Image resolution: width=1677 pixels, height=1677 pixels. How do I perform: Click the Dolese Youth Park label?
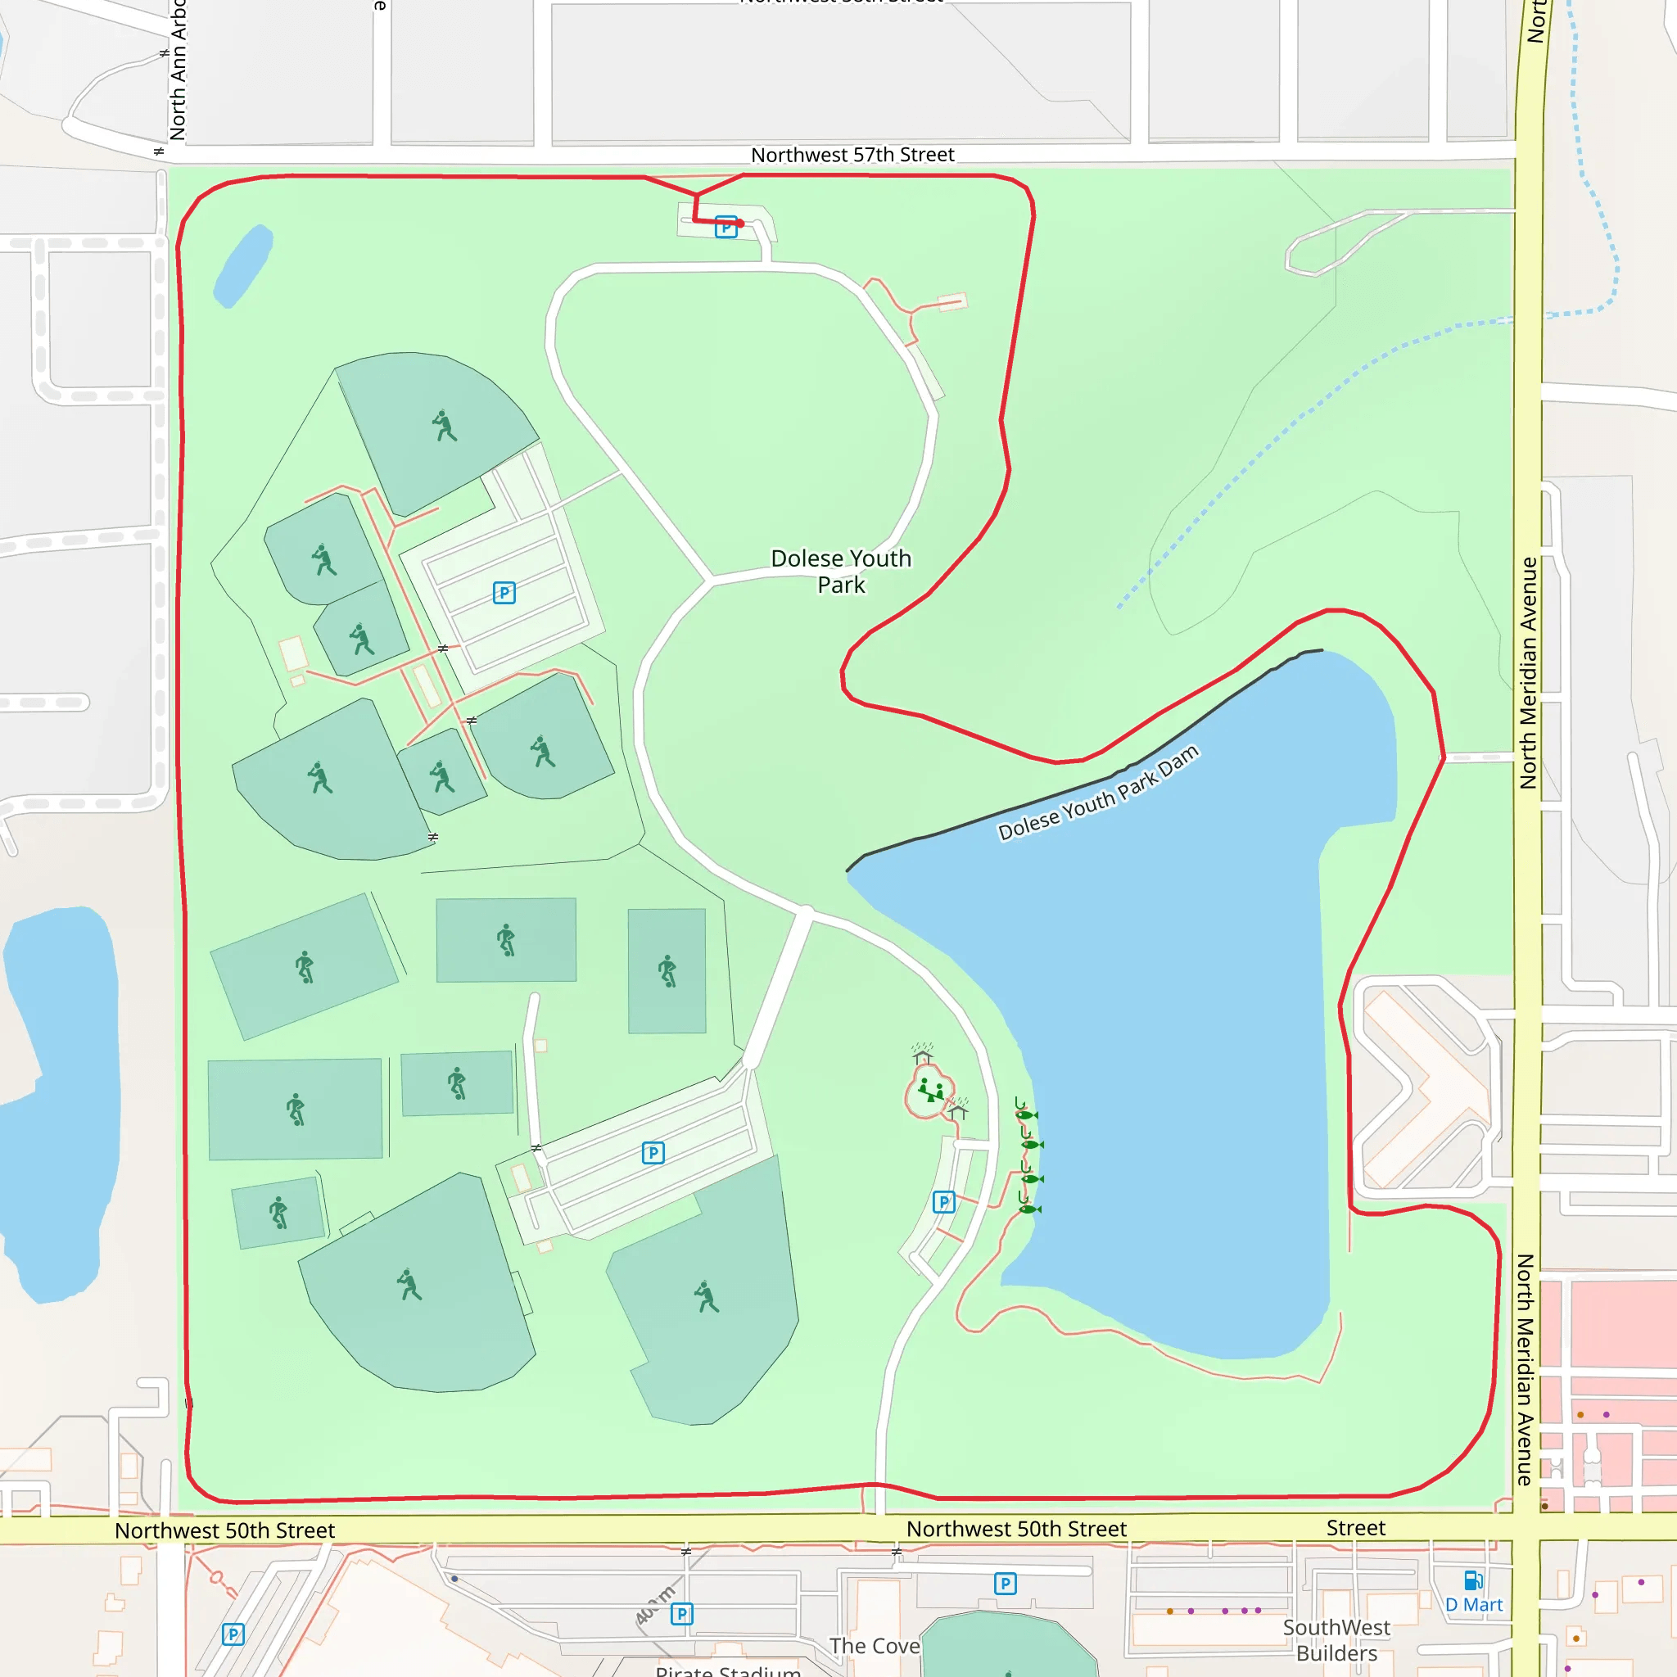point(840,572)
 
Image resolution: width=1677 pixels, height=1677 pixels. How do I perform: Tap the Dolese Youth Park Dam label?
point(1098,792)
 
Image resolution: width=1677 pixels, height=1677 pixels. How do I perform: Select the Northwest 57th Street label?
point(852,155)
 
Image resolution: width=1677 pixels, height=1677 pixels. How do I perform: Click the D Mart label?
point(1473,1605)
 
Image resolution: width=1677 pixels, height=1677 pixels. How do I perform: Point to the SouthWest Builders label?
point(1336,1639)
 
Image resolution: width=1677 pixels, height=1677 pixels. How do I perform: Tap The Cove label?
point(873,1646)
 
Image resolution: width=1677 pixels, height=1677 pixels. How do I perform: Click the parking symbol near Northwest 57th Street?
point(725,227)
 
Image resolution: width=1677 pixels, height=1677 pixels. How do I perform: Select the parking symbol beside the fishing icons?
point(943,1201)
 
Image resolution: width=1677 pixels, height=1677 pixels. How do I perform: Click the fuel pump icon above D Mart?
point(1473,1580)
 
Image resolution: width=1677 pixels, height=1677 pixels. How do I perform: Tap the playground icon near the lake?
point(930,1090)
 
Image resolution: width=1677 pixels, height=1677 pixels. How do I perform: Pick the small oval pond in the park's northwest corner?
point(243,265)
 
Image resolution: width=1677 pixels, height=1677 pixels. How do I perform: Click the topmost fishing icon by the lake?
point(1026,1114)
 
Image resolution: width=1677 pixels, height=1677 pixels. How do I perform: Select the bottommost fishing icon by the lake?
point(1028,1209)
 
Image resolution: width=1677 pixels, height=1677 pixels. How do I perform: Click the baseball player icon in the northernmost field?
point(445,425)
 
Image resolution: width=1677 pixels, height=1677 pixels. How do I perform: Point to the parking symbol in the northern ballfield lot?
point(504,593)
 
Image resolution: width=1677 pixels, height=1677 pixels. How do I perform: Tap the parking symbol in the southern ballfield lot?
point(653,1153)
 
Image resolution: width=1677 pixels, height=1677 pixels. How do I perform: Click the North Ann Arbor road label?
point(178,70)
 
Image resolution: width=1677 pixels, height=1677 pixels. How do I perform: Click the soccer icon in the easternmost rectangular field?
point(667,970)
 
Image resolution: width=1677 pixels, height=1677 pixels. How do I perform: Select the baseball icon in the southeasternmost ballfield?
point(707,1297)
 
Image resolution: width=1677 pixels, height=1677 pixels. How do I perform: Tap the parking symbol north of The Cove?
point(1006,1584)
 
